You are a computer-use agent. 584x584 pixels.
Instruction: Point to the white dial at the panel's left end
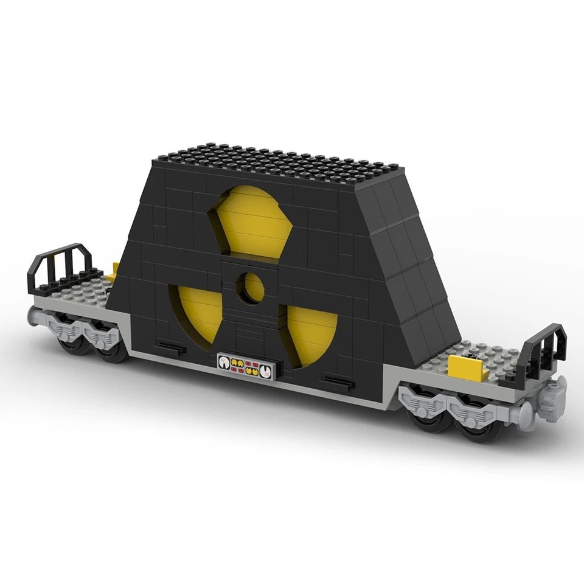224,363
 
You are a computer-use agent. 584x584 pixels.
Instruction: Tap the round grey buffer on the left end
33,315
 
